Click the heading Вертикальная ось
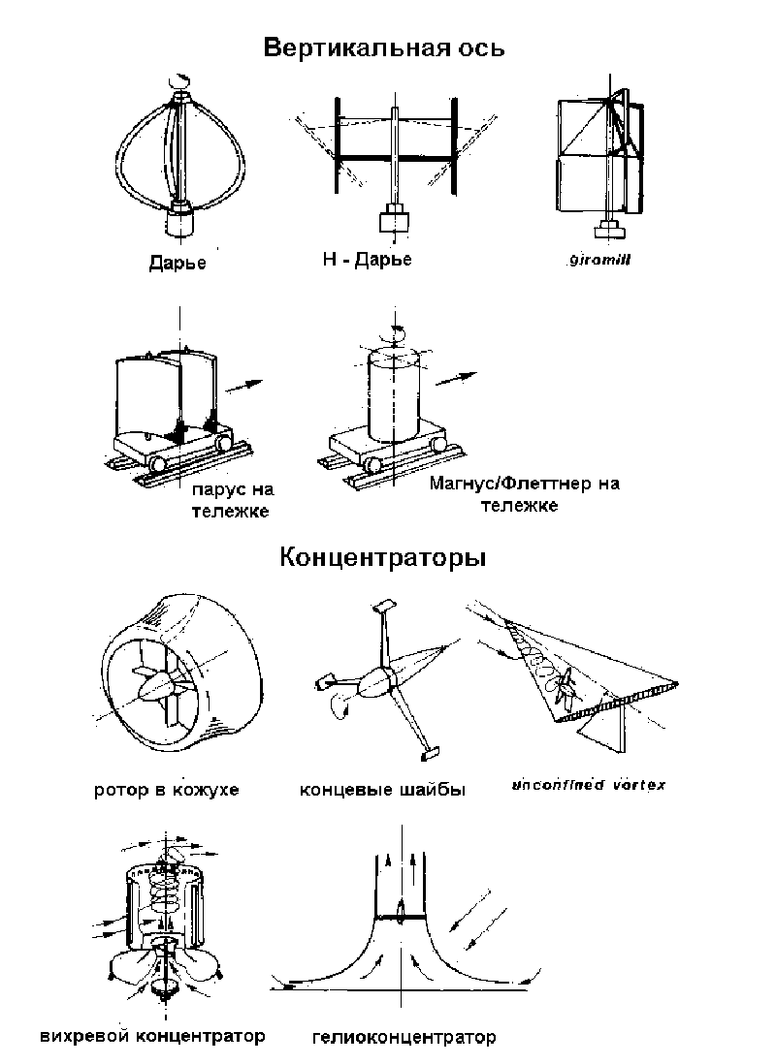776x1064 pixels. (384, 47)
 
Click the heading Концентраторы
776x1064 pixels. (383, 558)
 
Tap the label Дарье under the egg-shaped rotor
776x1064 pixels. (178, 262)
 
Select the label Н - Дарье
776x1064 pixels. (367, 259)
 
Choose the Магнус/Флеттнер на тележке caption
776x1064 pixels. (523, 494)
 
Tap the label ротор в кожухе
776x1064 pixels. (166, 789)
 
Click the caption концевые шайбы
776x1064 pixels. (383, 789)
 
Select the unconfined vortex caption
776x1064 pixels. (589, 784)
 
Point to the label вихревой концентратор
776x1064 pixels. (153, 1036)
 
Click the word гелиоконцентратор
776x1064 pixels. (404, 1038)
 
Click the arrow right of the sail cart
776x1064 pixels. (248, 385)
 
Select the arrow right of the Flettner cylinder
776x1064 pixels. (456, 377)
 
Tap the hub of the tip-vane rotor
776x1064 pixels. (373, 683)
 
